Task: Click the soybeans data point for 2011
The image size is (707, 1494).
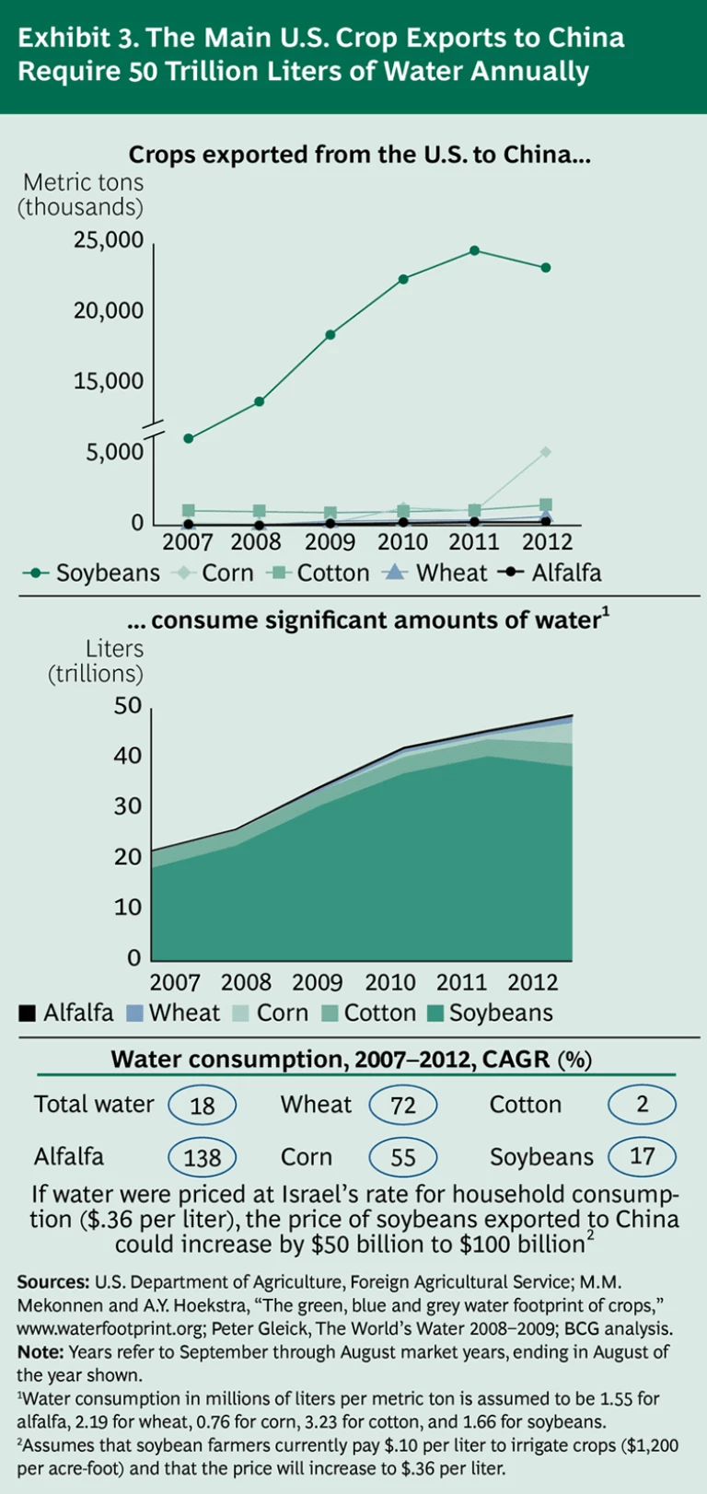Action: [474, 250]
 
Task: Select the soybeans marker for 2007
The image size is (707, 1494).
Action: [189, 438]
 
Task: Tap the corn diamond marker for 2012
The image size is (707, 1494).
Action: [546, 452]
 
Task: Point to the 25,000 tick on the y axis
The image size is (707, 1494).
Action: [109, 240]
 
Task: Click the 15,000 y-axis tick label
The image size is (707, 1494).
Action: [109, 381]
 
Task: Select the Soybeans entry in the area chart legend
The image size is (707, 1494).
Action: [490, 1013]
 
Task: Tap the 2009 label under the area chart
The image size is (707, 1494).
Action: [318, 982]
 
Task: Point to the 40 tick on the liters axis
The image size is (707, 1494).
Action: [127, 756]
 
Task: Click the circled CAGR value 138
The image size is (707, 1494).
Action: [202, 1157]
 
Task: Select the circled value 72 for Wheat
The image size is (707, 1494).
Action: [402, 1105]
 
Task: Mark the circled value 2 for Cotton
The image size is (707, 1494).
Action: [643, 1104]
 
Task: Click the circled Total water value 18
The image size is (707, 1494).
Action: [202, 1105]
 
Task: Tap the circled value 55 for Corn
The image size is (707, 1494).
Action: [402, 1157]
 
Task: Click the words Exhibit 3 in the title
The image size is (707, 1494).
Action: [77, 38]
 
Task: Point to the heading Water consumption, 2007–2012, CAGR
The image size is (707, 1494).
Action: [351, 1059]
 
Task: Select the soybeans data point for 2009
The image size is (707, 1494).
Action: [330, 334]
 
